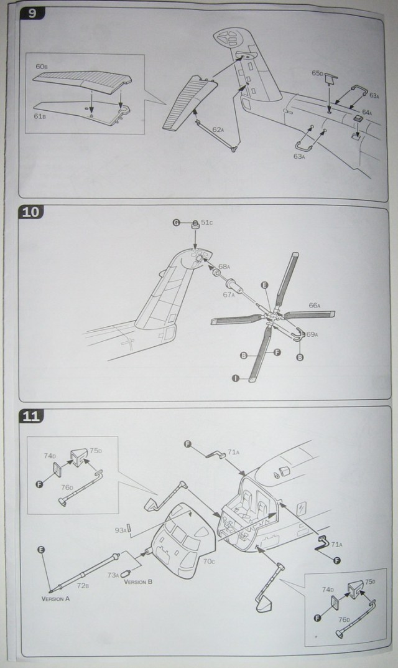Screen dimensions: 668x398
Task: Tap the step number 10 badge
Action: point(32,212)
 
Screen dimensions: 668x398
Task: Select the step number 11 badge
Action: point(32,415)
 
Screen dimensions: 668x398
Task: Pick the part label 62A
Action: point(217,129)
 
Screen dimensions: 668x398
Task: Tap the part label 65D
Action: point(317,73)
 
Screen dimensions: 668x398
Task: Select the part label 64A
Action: point(367,112)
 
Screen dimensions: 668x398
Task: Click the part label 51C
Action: point(206,222)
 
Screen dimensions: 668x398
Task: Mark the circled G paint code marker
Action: point(177,223)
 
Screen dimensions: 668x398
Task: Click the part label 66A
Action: point(314,305)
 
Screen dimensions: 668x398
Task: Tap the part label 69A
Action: point(312,335)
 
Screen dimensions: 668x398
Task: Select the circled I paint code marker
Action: point(236,377)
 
